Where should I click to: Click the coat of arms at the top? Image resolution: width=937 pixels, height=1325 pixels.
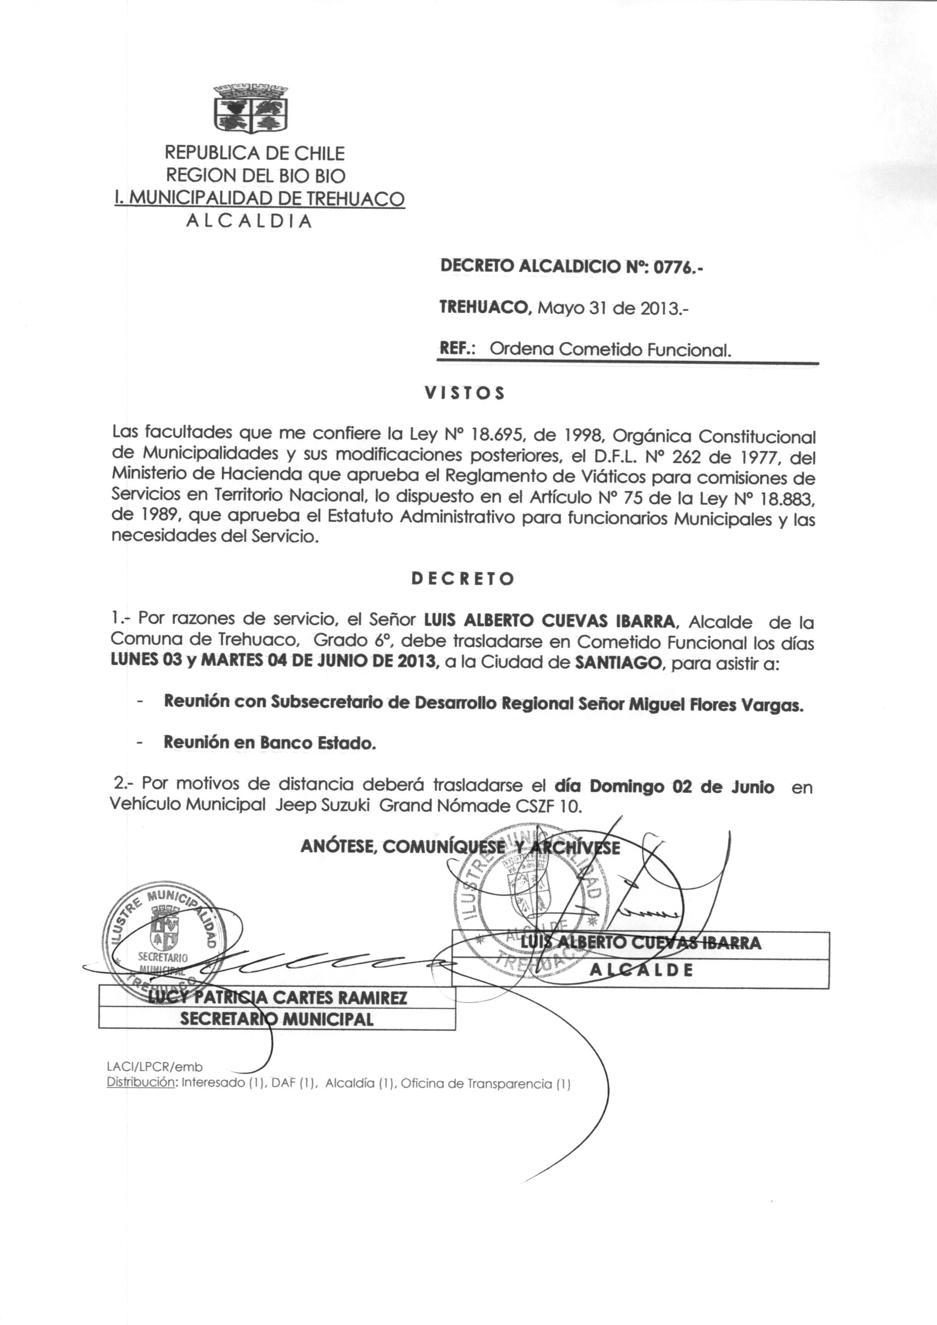coord(250,109)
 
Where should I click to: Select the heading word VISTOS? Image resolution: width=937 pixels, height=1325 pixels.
coord(464,393)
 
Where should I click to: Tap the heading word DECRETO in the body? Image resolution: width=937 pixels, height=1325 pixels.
coord(462,579)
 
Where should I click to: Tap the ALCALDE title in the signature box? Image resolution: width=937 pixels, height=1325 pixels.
coord(640,970)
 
